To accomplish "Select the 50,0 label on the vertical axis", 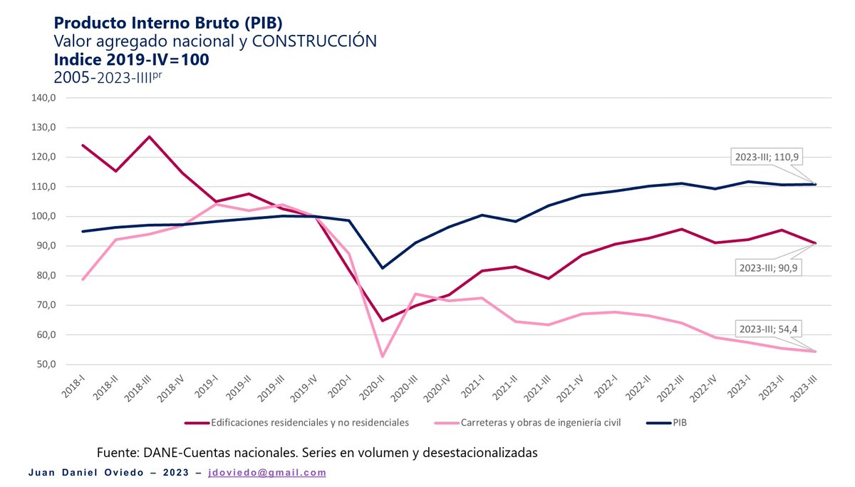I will pos(46,364).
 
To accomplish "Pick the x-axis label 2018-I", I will pos(73,389).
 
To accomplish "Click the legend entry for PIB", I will pos(679,423).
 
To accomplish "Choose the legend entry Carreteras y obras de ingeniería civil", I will pos(538,423).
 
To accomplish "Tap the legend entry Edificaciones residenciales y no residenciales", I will pos(309,423).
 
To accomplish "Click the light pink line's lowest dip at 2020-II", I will pos(383,357).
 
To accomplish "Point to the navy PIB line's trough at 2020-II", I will pos(383,268).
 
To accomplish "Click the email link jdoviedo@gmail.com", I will pos(266,473).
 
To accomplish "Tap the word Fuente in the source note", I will pos(118,453).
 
